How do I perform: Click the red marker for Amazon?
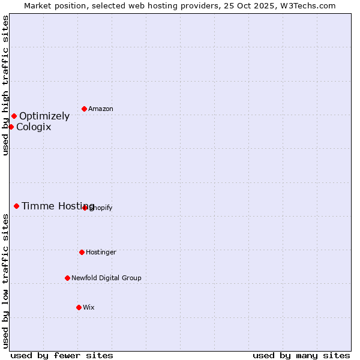click(84, 109)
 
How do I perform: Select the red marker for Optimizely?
click(14, 116)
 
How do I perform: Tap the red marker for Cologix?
click(11, 127)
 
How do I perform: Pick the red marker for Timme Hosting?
click(16, 206)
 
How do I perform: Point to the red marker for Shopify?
click(85, 208)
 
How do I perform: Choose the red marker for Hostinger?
click(82, 252)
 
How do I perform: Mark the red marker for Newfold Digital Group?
click(67, 278)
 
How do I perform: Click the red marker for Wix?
click(79, 307)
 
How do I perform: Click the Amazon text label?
click(101, 109)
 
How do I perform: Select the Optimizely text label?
click(44, 116)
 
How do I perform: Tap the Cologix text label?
click(34, 127)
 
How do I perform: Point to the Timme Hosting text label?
click(58, 206)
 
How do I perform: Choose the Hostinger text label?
click(101, 253)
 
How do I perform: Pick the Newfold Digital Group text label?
click(106, 278)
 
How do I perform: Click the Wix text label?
click(89, 308)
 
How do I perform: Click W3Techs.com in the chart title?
click(307, 5)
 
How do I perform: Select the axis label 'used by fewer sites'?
click(62, 355)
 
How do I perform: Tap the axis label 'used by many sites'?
click(301, 355)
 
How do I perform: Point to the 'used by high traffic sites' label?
click(5, 85)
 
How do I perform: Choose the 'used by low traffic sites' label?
click(5, 281)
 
